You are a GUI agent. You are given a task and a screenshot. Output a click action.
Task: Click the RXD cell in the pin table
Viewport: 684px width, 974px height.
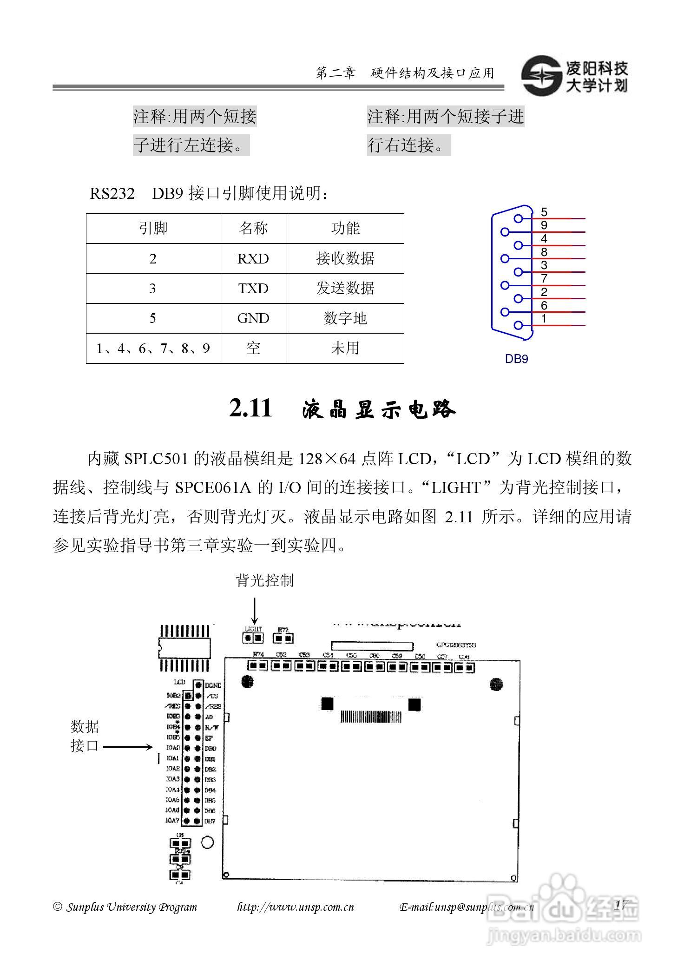coord(253,258)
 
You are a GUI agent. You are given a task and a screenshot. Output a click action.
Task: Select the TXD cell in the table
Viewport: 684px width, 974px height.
coord(253,289)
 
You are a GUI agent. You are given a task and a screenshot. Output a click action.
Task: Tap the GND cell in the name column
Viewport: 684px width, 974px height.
coord(253,318)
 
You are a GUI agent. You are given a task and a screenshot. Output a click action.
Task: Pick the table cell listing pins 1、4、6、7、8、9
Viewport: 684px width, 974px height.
coord(153,348)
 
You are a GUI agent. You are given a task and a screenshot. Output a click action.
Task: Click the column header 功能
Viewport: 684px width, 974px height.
coord(345,228)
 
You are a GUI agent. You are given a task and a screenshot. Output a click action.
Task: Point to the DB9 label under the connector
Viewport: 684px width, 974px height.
coord(516,359)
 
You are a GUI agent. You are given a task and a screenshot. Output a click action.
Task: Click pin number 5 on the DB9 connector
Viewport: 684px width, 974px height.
coord(544,212)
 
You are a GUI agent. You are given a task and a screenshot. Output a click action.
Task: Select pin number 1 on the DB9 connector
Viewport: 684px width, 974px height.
coord(544,319)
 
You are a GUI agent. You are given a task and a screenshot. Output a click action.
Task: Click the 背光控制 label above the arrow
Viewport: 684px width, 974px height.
coord(264,580)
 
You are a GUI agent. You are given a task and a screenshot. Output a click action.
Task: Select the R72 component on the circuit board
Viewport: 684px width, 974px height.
coord(283,637)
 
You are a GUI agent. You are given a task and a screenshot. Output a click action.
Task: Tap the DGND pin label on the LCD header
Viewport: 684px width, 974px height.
coord(213,685)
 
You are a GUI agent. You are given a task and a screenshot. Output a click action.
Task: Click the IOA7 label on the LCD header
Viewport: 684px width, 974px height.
coord(172,821)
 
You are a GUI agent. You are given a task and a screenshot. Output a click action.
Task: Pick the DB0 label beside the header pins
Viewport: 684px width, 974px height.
coord(210,748)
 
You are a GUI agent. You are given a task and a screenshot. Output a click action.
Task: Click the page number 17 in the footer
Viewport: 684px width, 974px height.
coord(621,904)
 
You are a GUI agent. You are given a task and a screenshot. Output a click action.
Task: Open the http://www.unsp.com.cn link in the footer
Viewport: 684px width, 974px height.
coord(296,907)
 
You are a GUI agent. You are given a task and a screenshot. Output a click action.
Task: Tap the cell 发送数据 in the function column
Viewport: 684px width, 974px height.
coord(345,289)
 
